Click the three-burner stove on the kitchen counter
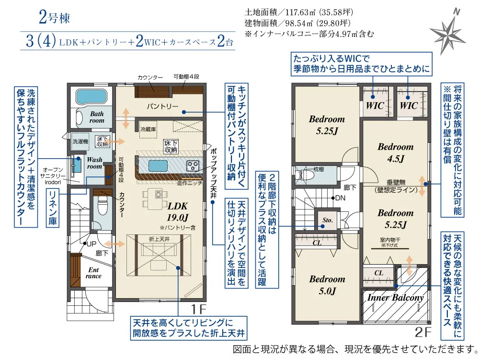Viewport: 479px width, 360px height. (x=193, y=166)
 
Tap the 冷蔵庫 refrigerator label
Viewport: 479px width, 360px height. (x=148, y=129)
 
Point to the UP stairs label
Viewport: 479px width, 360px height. (x=90, y=244)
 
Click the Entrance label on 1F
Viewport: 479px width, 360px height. (x=93, y=272)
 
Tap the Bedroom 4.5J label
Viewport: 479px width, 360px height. (x=395, y=152)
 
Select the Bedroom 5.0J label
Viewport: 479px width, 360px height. (x=327, y=284)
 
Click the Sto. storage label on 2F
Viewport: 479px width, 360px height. (x=328, y=221)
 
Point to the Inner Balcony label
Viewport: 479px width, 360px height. (x=395, y=298)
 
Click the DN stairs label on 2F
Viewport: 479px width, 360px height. (x=340, y=197)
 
